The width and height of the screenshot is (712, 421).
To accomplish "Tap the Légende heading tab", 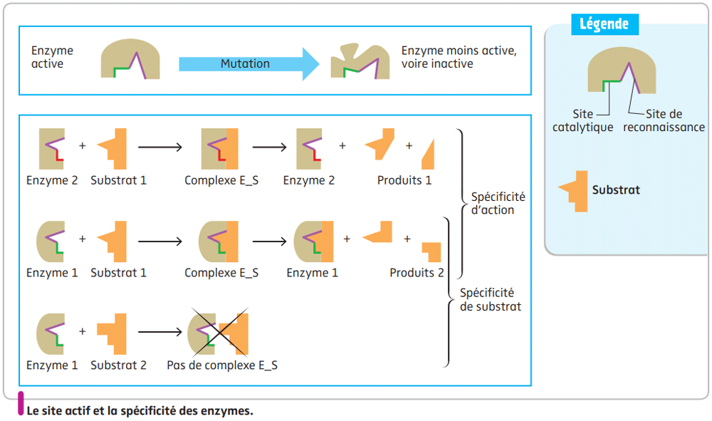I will (604, 24).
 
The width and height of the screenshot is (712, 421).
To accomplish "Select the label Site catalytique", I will (582, 120).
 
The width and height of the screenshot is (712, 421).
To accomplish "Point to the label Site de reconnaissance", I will (664, 120).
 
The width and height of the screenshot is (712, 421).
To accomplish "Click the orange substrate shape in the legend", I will (575, 191).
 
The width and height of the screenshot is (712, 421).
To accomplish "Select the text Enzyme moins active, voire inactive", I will (459, 58).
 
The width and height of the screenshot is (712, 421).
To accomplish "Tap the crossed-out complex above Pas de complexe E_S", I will (219, 334).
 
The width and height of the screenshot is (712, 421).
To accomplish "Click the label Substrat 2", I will (118, 365).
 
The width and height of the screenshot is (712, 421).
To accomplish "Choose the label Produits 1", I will (404, 180).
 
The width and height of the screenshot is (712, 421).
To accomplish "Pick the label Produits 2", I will (417, 273).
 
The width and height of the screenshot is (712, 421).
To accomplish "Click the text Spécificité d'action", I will (498, 203).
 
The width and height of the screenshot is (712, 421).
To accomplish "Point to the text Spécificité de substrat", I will (491, 300).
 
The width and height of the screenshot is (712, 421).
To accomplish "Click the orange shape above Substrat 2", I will (112, 334).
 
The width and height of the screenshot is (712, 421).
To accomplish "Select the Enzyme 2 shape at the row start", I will (52, 149).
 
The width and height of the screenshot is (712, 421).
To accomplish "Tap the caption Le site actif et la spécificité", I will (140, 411).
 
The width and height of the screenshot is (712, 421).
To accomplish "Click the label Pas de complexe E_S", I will (222, 365).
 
